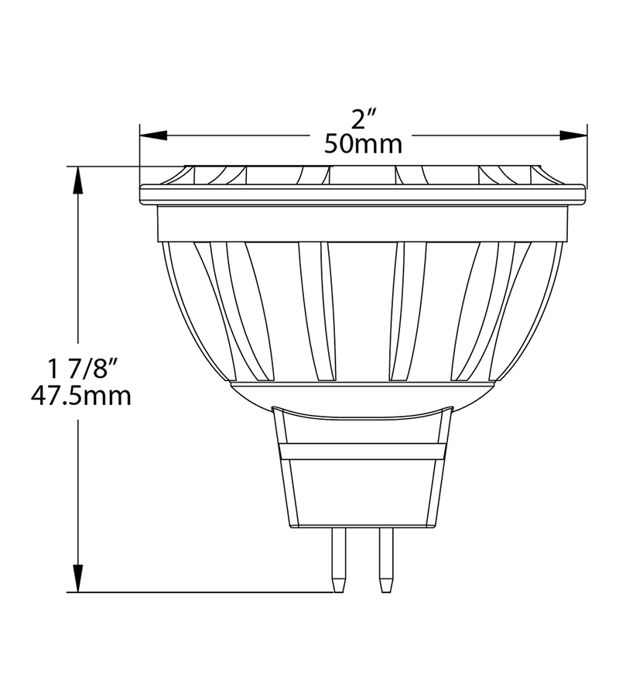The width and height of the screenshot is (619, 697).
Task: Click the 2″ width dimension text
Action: tap(364, 119)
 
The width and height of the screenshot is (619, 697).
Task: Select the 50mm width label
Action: tap(364, 144)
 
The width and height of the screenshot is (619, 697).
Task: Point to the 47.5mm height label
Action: tap(80, 396)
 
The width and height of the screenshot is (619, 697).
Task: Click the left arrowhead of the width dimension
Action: tap(153, 136)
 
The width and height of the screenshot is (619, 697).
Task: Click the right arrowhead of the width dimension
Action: tap(573, 136)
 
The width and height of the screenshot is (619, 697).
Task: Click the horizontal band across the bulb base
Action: tap(362, 451)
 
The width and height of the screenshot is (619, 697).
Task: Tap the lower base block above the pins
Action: tap(362, 493)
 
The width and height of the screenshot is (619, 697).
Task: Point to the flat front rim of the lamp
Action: tap(362, 194)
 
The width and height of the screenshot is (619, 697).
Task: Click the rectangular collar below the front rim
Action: tap(362, 224)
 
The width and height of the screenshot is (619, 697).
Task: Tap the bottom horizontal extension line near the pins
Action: tap(209, 592)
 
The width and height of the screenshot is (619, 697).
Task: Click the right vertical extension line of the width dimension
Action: tap(587, 155)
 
